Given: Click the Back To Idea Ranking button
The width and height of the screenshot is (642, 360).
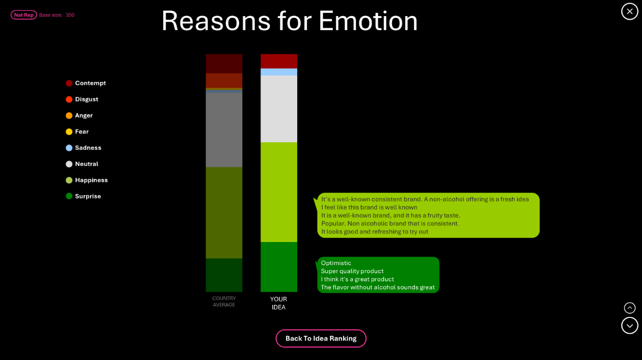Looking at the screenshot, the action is pos(321,338).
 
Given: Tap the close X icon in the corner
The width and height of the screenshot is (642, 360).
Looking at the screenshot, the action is pos(630,11).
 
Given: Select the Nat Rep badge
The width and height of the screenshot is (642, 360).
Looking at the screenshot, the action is pos(24,15).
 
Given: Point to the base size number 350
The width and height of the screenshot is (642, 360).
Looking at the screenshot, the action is pos(70,15).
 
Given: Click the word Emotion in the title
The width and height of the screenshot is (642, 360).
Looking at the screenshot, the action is pos(368,21).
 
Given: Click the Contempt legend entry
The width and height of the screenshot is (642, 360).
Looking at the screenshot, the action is pos(86,83).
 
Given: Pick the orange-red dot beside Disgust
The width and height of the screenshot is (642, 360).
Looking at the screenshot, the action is pos(69,100).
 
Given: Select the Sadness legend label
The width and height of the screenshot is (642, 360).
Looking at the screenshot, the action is pos(88,148).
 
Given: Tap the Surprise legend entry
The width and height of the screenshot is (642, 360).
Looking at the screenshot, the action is pos(83,196).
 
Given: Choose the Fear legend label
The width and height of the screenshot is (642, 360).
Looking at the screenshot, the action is pos(82,132).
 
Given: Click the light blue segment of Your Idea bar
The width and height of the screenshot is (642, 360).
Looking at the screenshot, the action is pos(279,72).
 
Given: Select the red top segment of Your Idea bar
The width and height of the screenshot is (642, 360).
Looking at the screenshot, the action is pos(279,61).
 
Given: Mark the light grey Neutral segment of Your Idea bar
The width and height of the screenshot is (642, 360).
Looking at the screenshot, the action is pos(279,109).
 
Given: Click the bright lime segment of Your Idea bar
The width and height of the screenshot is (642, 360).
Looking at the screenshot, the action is pos(279,192).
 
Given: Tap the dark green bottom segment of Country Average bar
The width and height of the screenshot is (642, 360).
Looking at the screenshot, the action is pos(224,275).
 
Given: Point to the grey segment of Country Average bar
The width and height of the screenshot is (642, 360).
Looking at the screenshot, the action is pos(224,130).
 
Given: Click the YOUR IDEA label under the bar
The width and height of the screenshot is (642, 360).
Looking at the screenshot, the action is pos(278,303).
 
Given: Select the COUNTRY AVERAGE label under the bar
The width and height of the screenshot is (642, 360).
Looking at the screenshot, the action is pos(224,301).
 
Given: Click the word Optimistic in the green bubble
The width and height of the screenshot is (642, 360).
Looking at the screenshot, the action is pos(336,263).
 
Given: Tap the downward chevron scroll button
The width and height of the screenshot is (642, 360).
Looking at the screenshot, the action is pos(630,326).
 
